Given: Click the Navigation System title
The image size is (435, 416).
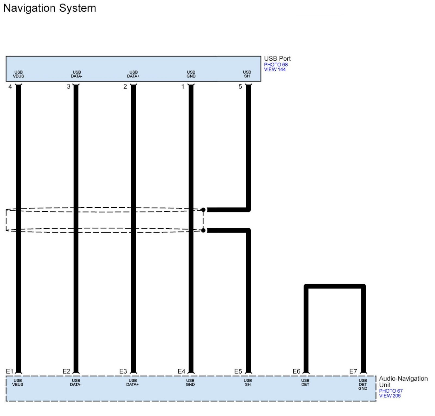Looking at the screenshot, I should tap(49, 8).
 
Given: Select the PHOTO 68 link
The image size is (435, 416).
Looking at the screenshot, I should tap(276, 65).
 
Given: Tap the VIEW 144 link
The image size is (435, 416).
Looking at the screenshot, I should tap(275, 70).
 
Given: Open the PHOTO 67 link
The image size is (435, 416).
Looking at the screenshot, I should tap(391, 391).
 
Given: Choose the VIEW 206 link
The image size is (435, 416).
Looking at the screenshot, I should tap(390, 396).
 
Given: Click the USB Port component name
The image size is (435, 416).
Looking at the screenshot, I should tap(277, 58).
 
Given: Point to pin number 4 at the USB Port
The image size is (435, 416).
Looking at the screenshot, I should tap(10, 87).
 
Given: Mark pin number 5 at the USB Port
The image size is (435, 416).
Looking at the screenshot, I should tap(240, 87).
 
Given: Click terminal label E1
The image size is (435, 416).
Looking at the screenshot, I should tap(10, 371).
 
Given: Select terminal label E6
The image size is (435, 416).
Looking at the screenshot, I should tap(296, 371).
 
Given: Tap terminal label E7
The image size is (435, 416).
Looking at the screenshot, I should tap(353, 371).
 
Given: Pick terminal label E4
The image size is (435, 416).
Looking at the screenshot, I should tap(181, 371).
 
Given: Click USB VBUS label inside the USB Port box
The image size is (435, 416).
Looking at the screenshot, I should tap(18, 74).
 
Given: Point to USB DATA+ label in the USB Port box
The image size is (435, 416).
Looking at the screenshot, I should tap(133, 74).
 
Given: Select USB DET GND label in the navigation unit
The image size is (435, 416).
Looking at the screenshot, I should tap(363, 384).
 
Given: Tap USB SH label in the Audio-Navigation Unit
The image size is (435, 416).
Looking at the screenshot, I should tap(247, 382).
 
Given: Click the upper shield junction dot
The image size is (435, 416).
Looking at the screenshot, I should tap(203, 210).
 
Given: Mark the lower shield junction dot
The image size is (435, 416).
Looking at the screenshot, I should tap(203, 230).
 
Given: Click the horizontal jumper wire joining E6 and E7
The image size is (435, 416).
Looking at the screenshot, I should tap(335, 286).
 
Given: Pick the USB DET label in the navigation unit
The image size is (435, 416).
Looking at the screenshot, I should tap(305, 382).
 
